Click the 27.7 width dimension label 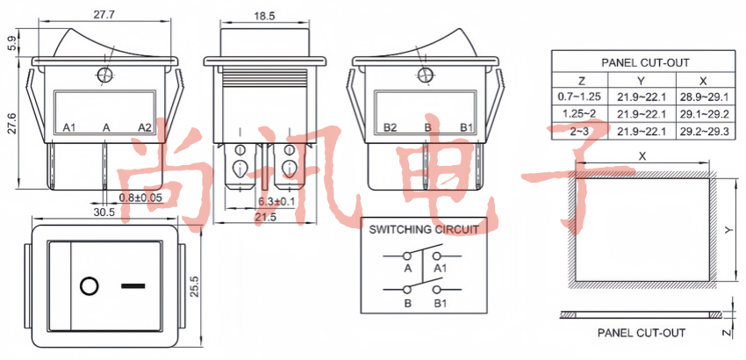tap(104, 15)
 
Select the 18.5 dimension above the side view tap(264, 16)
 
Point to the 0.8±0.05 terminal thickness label tap(140, 197)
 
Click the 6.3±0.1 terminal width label tap(276, 201)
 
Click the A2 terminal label tap(145, 127)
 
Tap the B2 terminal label tap(391, 127)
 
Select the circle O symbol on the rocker tap(89, 286)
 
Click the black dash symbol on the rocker tap(133, 285)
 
